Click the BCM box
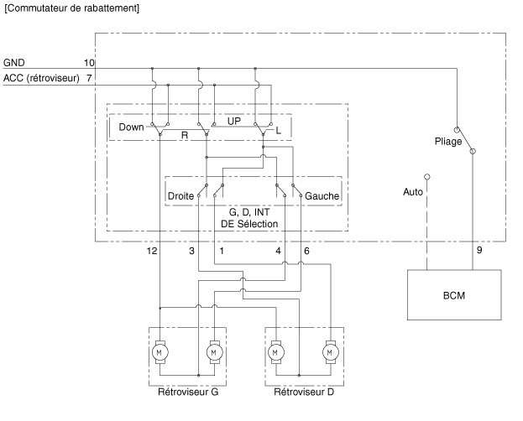[x=453, y=297]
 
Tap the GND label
[x=14, y=63]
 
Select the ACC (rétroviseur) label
[x=41, y=78]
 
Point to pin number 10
[x=89, y=63]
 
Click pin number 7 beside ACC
[x=89, y=78]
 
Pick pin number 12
[x=151, y=251]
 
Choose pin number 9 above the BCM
[x=479, y=251]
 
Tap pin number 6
[x=306, y=251]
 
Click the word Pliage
[x=449, y=142]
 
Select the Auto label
[x=413, y=192]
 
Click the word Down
[x=131, y=127]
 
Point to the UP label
[x=233, y=121]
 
